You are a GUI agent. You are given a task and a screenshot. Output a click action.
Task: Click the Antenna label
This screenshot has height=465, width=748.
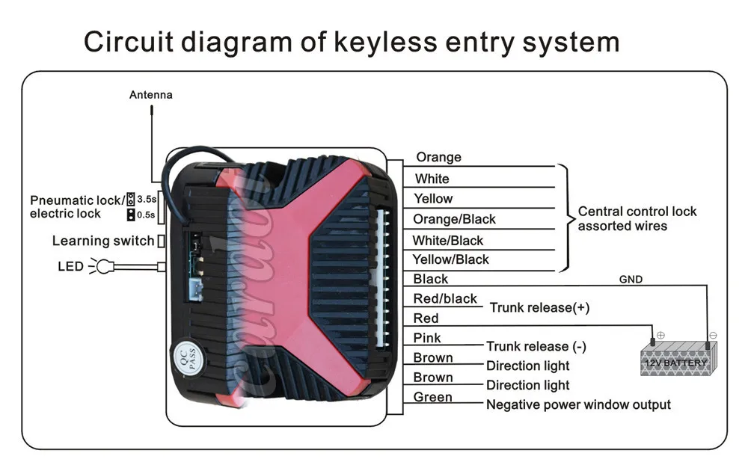point(150,95)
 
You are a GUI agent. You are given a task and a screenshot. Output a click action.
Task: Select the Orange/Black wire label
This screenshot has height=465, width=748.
point(454,219)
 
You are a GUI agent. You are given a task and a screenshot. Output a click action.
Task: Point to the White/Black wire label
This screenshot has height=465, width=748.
point(447,240)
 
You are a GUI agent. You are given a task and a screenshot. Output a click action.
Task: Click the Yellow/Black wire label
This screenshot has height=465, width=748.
point(450,259)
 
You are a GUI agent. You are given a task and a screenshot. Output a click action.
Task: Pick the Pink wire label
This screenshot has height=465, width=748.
point(427,338)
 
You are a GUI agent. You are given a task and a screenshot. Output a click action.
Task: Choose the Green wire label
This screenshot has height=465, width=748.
point(432,397)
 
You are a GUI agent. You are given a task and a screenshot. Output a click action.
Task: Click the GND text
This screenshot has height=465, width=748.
point(631,280)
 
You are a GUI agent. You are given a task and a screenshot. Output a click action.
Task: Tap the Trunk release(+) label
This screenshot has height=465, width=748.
point(539,307)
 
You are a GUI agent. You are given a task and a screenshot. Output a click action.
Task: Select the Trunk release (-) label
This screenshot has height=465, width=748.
point(536,346)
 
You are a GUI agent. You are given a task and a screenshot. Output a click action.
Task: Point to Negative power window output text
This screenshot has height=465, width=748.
point(578,404)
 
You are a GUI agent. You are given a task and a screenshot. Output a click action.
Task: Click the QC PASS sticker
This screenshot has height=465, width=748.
point(186,357)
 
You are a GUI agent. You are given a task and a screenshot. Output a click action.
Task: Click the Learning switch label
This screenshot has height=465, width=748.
point(102,241)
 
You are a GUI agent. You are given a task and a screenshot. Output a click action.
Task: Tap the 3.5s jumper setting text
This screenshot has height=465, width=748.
point(146,200)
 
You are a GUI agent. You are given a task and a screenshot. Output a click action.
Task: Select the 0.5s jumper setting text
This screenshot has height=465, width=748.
point(146,215)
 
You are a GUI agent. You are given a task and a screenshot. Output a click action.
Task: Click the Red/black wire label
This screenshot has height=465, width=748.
point(445,299)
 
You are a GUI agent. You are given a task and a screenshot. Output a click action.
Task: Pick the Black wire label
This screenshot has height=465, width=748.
point(430,279)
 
